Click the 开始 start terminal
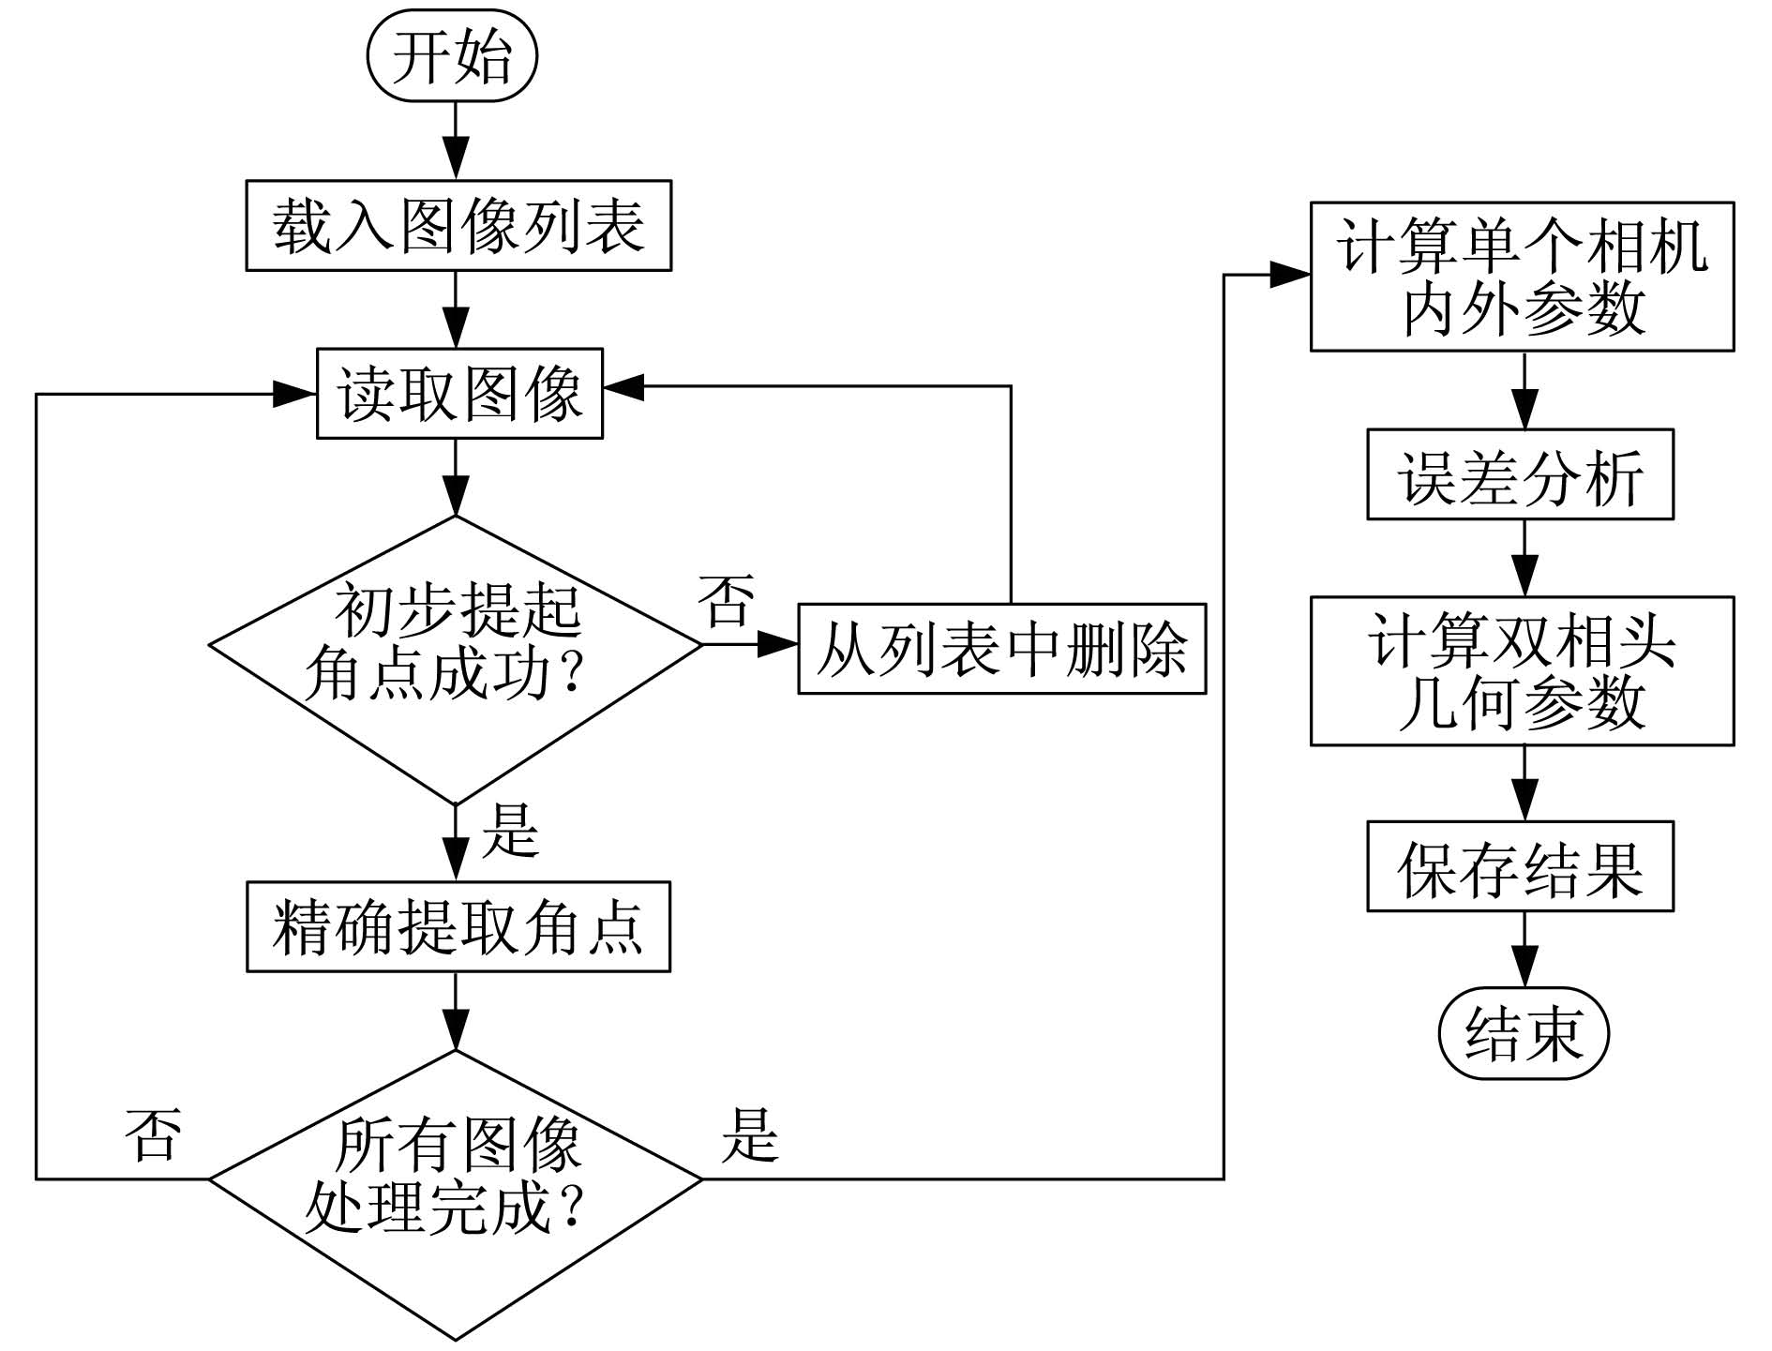[x=452, y=56]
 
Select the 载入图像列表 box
[x=458, y=226]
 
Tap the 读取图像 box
[x=459, y=394]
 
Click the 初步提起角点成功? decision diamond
[x=456, y=660]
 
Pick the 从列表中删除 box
[x=1001, y=648]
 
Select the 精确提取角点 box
[x=458, y=926]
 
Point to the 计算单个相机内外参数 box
[x=1522, y=277]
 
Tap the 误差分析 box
[x=1520, y=474]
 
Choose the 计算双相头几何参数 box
[x=1522, y=670]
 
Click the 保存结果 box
[x=1520, y=866]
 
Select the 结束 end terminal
[x=1524, y=1033]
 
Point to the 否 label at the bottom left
[x=154, y=1133]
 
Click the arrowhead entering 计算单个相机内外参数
[x=1289, y=275]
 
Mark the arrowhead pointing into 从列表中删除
[x=777, y=644]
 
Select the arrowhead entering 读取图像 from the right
[x=623, y=385]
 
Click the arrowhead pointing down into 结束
[x=1524, y=967]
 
